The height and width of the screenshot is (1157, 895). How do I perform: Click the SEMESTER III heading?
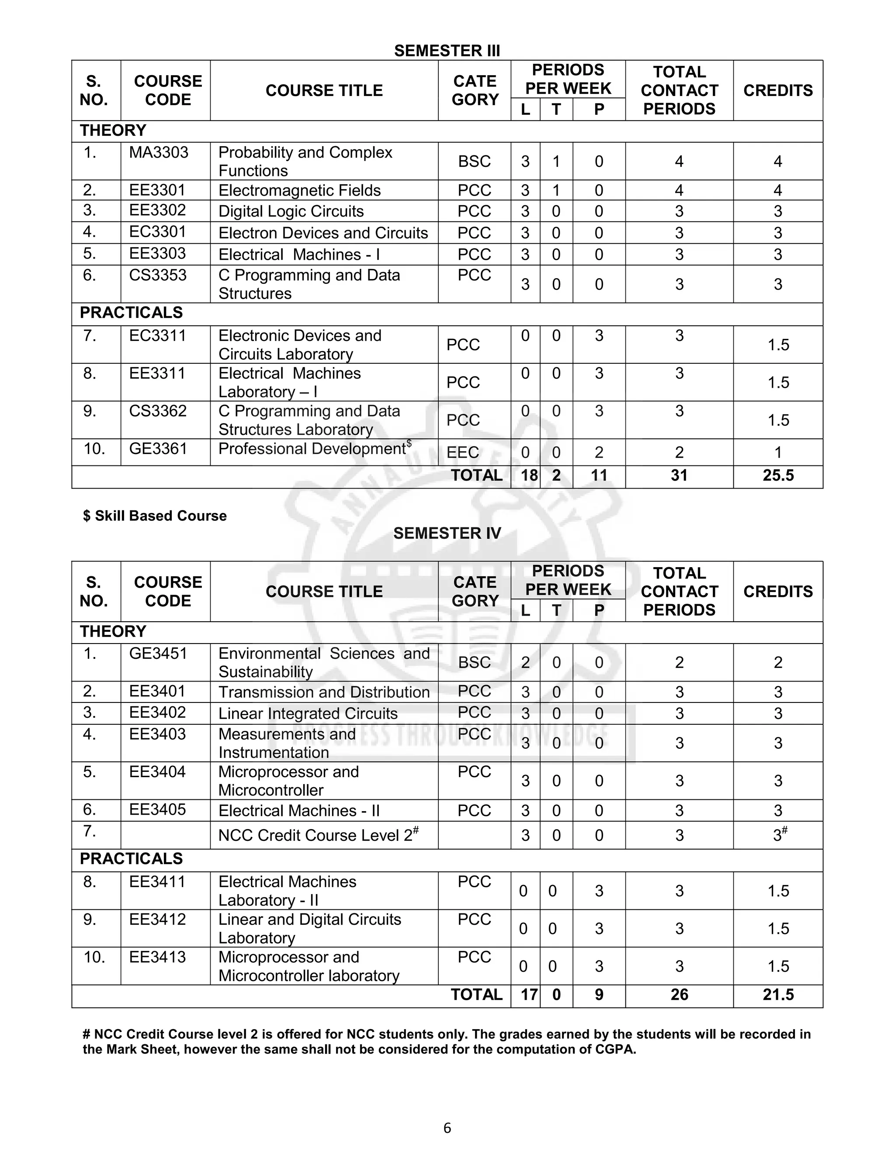pyautogui.click(x=447, y=51)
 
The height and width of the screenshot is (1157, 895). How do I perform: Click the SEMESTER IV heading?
pyautogui.click(x=447, y=533)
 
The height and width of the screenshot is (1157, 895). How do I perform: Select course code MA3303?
pyautogui.click(x=159, y=152)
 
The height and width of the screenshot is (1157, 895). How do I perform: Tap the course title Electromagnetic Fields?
pyautogui.click(x=299, y=190)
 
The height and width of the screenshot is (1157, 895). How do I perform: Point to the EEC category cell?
pyautogui.click(x=462, y=452)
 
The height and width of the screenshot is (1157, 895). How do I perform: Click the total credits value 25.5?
pyautogui.click(x=778, y=475)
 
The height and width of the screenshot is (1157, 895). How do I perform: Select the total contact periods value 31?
pyautogui.click(x=679, y=475)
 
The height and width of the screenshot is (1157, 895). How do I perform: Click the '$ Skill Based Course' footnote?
pyautogui.click(x=155, y=516)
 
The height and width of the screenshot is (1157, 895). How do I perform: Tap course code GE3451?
pyautogui.click(x=158, y=653)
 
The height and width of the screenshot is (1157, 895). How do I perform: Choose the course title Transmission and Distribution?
pyautogui.click(x=324, y=692)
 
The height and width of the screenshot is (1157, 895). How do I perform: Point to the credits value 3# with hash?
pyautogui.click(x=780, y=835)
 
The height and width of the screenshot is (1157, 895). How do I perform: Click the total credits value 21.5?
pyautogui.click(x=778, y=995)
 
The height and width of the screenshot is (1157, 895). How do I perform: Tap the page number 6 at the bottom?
pyautogui.click(x=447, y=1127)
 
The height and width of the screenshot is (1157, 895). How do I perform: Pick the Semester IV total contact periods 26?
pyautogui.click(x=679, y=995)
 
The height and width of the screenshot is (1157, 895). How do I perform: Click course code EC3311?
pyautogui.click(x=157, y=336)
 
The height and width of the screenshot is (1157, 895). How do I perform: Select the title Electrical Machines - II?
pyautogui.click(x=299, y=810)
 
